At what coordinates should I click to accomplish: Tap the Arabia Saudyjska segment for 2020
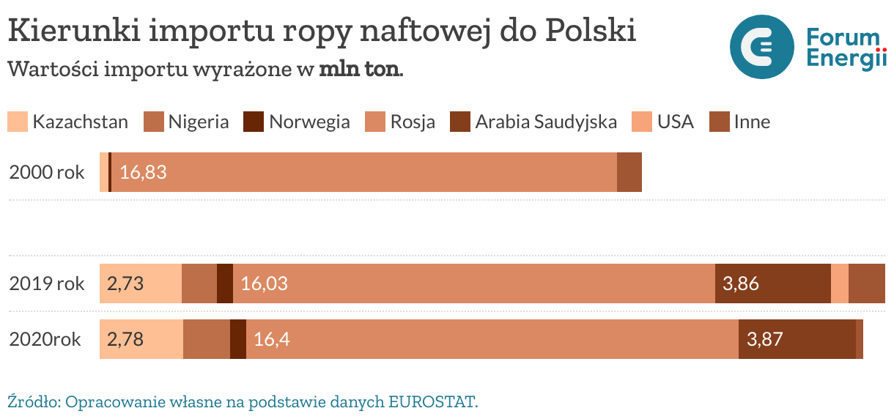click(797, 339)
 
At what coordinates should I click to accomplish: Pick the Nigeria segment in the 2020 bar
click(207, 339)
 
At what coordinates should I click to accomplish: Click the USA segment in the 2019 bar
click(840, 283)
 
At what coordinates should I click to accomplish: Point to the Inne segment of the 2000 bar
click(629, 172)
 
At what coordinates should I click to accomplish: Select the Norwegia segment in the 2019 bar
click(225, 283)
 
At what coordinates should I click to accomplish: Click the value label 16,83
click(143, 173)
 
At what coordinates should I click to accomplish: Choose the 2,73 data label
click(125, 283)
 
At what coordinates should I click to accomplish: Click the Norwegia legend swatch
click(254, 122)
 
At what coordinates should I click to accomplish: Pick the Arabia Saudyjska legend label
click(546, 122)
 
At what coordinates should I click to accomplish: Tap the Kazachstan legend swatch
click(18, 122)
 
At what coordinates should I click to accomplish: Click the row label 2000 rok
click(47, 173)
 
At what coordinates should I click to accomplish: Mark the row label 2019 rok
click(47, 283)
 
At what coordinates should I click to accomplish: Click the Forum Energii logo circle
click(761, 47)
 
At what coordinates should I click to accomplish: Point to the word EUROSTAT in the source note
click(432, 402)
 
